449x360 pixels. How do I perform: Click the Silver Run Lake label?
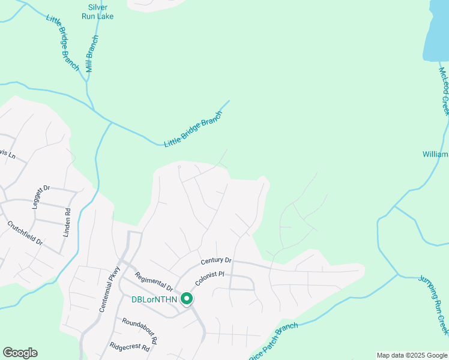coord(97,11)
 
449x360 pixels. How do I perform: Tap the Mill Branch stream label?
coord(91,54)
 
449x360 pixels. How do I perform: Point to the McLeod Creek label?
coord(444,91)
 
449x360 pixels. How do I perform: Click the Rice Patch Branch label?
coord(273,340)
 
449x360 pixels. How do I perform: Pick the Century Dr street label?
coord(216,260)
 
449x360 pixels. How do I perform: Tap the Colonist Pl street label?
coord(209,278)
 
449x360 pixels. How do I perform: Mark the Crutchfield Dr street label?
coord(25,233)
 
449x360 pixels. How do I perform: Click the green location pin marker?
coord(187,298)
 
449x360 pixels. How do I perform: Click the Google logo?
coord(20,353)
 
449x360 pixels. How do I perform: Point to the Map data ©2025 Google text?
coord(412,355)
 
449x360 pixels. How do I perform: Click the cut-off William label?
coord(435,155)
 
